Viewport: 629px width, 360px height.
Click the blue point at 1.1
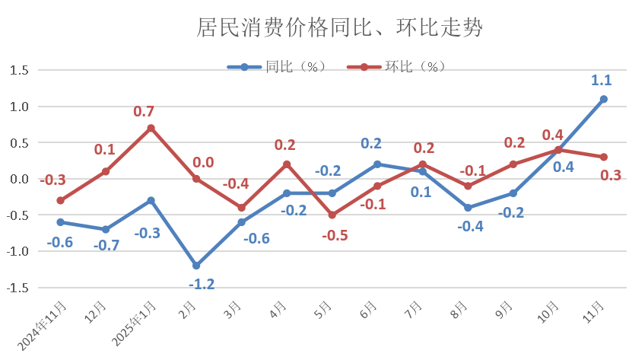tap(603, 99)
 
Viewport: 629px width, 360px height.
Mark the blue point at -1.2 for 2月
tap(196, 266)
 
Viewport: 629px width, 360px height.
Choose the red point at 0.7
tap(151, 128)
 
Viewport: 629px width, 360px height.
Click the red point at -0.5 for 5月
tap(332, 215)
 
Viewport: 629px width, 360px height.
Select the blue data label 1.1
tap(601, 80)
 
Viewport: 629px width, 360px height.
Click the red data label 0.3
tap(611, 175)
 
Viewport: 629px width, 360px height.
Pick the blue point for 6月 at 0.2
tap(377, 164)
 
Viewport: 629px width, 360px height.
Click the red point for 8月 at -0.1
tap(468, 186)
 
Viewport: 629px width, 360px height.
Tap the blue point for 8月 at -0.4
tap(468, 208)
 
